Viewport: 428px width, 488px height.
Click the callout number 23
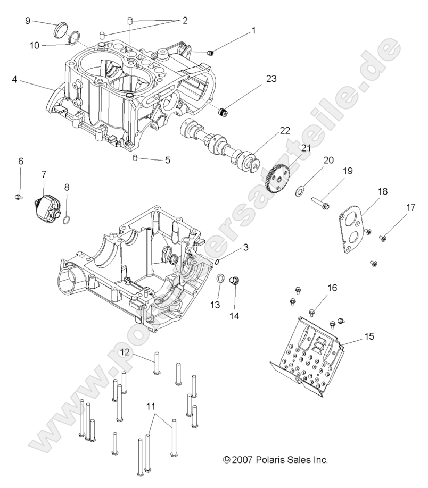(271, 78)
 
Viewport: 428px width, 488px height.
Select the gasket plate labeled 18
(346, 228)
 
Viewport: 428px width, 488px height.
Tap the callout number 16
(332, 288)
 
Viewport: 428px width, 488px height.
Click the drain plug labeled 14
(235, 281)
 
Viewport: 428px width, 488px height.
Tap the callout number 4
(14, 80)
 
